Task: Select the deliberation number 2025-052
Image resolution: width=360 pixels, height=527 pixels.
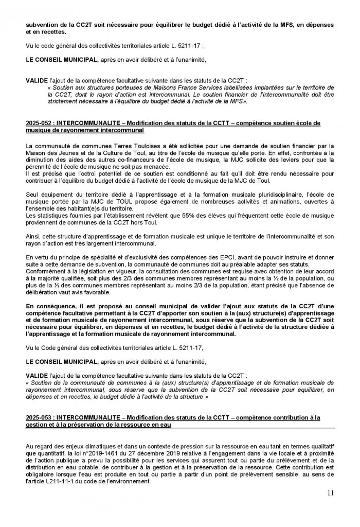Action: point(39,124)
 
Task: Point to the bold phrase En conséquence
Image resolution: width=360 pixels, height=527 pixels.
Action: point(48,306)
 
